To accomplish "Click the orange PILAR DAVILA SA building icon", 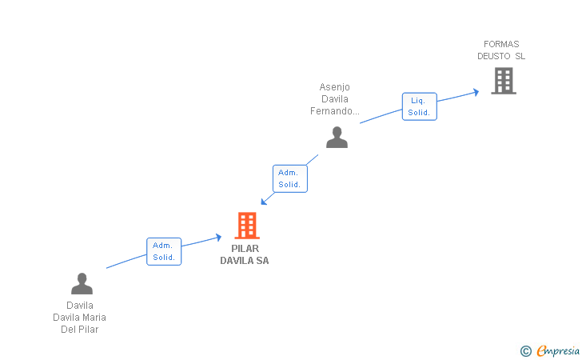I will [x=247, y=226].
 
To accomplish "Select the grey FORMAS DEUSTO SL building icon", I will [x=503, y=81].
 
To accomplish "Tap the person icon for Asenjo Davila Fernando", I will [x=337, y=137].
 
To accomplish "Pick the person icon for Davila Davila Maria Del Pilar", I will [x=82, y=283].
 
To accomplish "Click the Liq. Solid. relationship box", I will [x=419, y=106].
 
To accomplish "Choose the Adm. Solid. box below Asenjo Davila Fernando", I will [x=289, y=178].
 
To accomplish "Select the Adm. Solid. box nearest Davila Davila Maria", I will [x=164, y=251].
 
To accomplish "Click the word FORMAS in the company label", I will [x=501, y=44].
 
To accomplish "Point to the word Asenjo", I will [x=334, y=87].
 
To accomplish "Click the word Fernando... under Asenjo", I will [x=334, y=111].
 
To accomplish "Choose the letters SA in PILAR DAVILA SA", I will [x=262, y=261].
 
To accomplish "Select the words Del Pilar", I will [x=79, y=330].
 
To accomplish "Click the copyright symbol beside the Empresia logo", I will [x=525, y=350].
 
